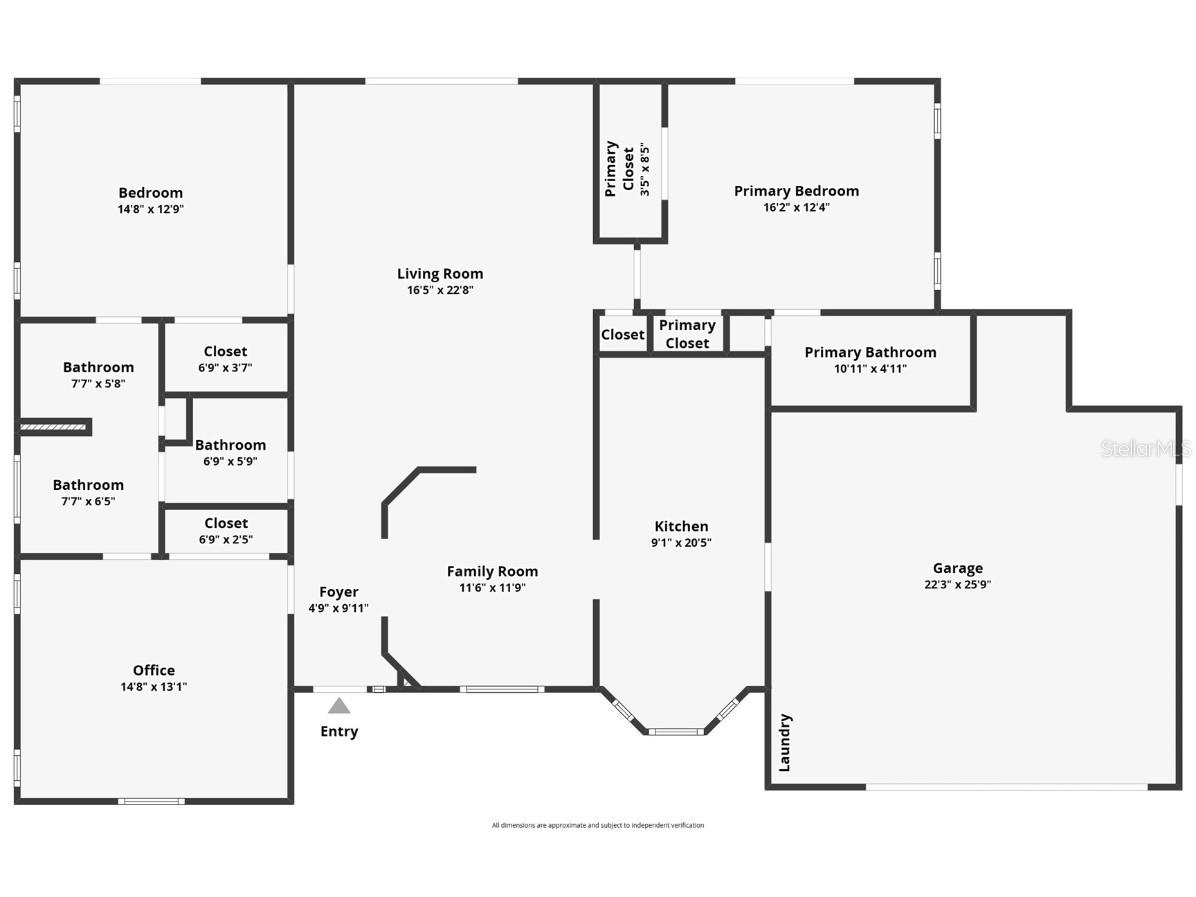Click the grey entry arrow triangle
(x=339, y=706)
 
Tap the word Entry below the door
(x=339, y=731)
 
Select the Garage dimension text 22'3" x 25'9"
(x=958, y=585)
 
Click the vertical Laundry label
(x=785, y=742)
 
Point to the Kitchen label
(x=681, y=526)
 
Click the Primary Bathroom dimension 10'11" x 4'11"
(x=870, y=369)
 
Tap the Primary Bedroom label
(x=796, y=191)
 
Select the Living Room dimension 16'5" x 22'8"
(x=439, y=290)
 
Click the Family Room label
(x=492, y=571)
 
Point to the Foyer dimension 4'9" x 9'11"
(x=338, y=608)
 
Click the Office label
(x=154, y=670)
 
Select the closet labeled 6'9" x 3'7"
(x=225, y=359)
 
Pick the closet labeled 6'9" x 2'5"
(x=226, y=531)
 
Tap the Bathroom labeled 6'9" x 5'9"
(x=230, y=453)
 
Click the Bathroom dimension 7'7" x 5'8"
(x=98, y=383)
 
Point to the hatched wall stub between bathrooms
(x=55, y=428)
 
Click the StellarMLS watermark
(x=1146, y=449)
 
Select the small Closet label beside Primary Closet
(x=622, y=335)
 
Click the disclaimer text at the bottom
(x=597, y=825)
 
